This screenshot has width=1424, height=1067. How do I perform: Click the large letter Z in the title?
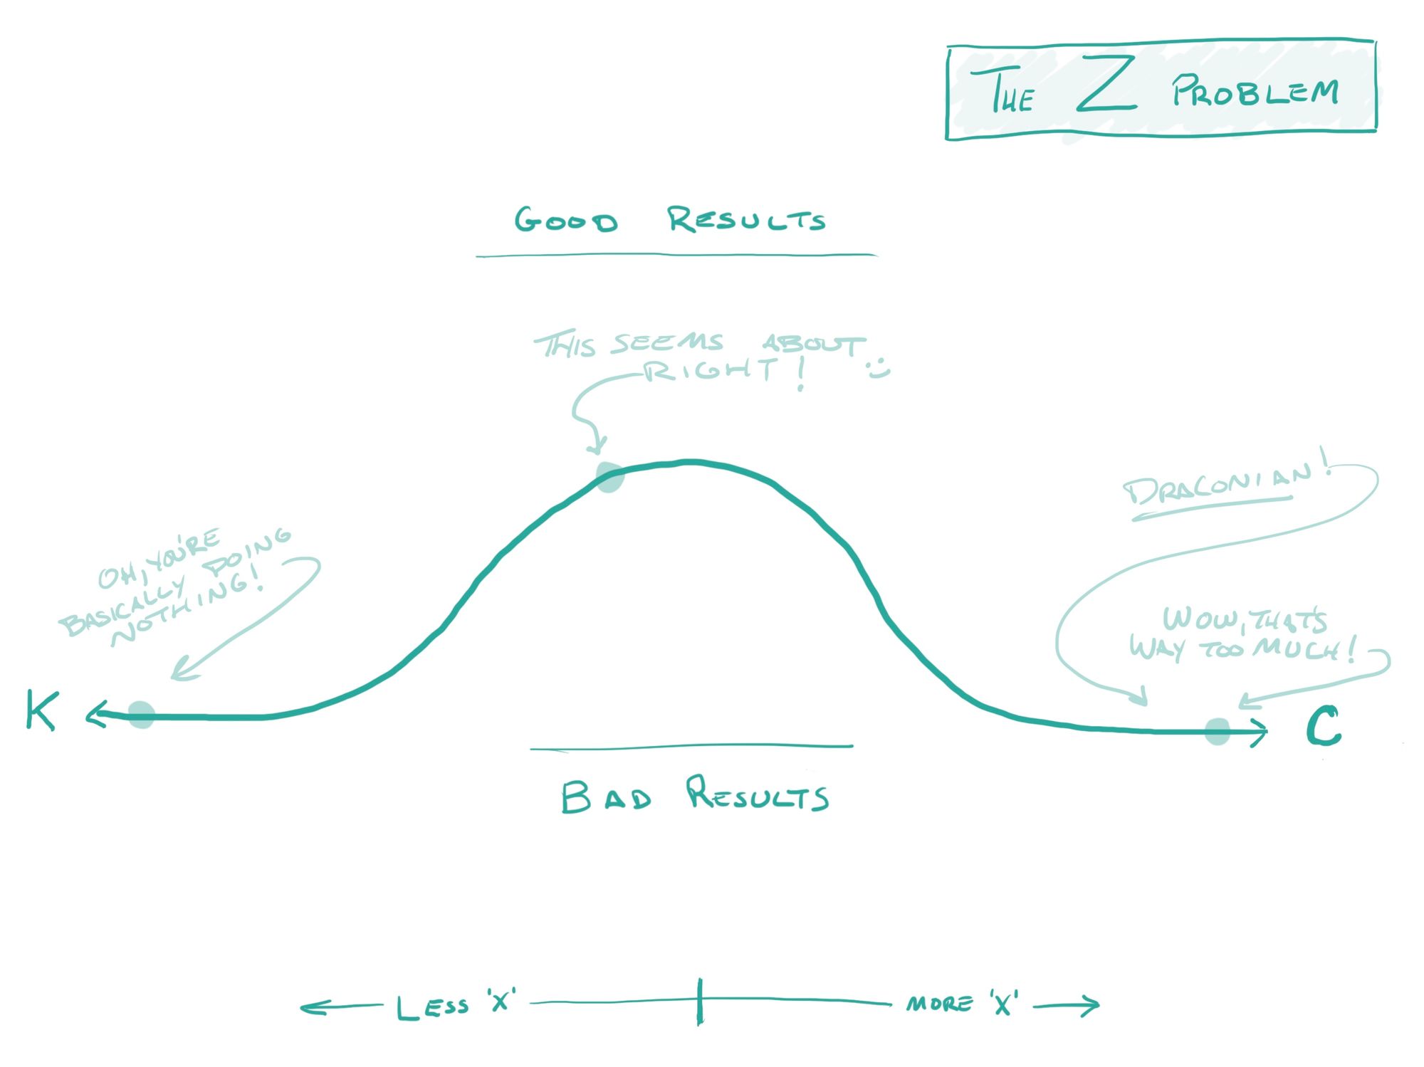[x=1106, y=85]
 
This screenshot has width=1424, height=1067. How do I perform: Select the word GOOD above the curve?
[x=566, y=221]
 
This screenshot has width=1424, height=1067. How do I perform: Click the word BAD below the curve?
[x=606, y=797]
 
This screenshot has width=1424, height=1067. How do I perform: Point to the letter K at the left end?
[x=41, y=710]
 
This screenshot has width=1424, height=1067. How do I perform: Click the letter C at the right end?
[x=1323, y=727]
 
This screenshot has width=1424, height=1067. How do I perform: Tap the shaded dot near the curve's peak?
[x=610, y=477]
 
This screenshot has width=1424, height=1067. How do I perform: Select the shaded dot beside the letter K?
[x=141, y=714]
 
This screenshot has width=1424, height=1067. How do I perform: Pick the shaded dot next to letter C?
[x=1218, y=731]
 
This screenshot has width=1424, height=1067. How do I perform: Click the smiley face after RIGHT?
[x=879, y=369]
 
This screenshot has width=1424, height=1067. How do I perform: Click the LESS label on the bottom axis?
[x=432, y=1006]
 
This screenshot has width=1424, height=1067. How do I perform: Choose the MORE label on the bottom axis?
[x=939, y=1004]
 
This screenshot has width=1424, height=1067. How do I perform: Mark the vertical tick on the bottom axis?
[x=700, y=1002]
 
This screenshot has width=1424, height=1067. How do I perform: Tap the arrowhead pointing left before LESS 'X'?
[x=310, y=1007]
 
